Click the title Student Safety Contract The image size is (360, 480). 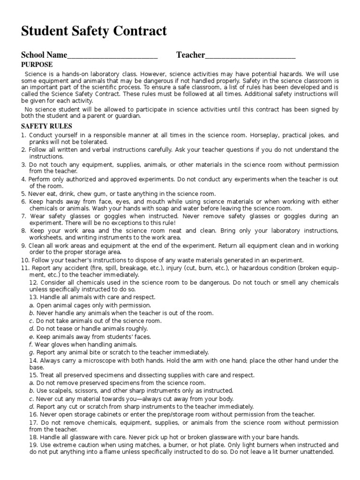[94, 32]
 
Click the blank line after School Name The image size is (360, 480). [112, 56]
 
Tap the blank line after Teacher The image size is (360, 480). [250, 56]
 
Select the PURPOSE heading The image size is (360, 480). [37, 65]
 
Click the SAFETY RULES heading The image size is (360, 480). [46, 126]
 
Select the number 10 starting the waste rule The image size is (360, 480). [24, 260]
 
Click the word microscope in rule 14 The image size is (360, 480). [101, 360]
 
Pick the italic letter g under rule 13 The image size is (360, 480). [31, 352]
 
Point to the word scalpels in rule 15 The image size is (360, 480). [62, 390]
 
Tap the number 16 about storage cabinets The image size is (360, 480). [33, 414]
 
